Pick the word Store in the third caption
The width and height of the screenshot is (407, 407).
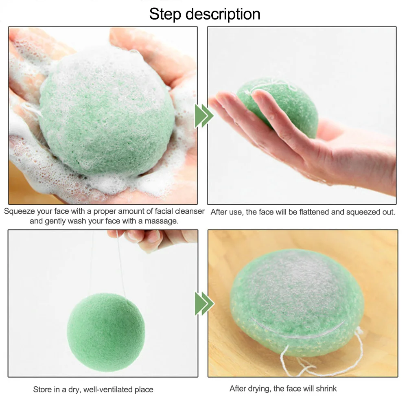click(42, 389)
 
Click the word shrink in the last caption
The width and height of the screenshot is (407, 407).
click(326, 389)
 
